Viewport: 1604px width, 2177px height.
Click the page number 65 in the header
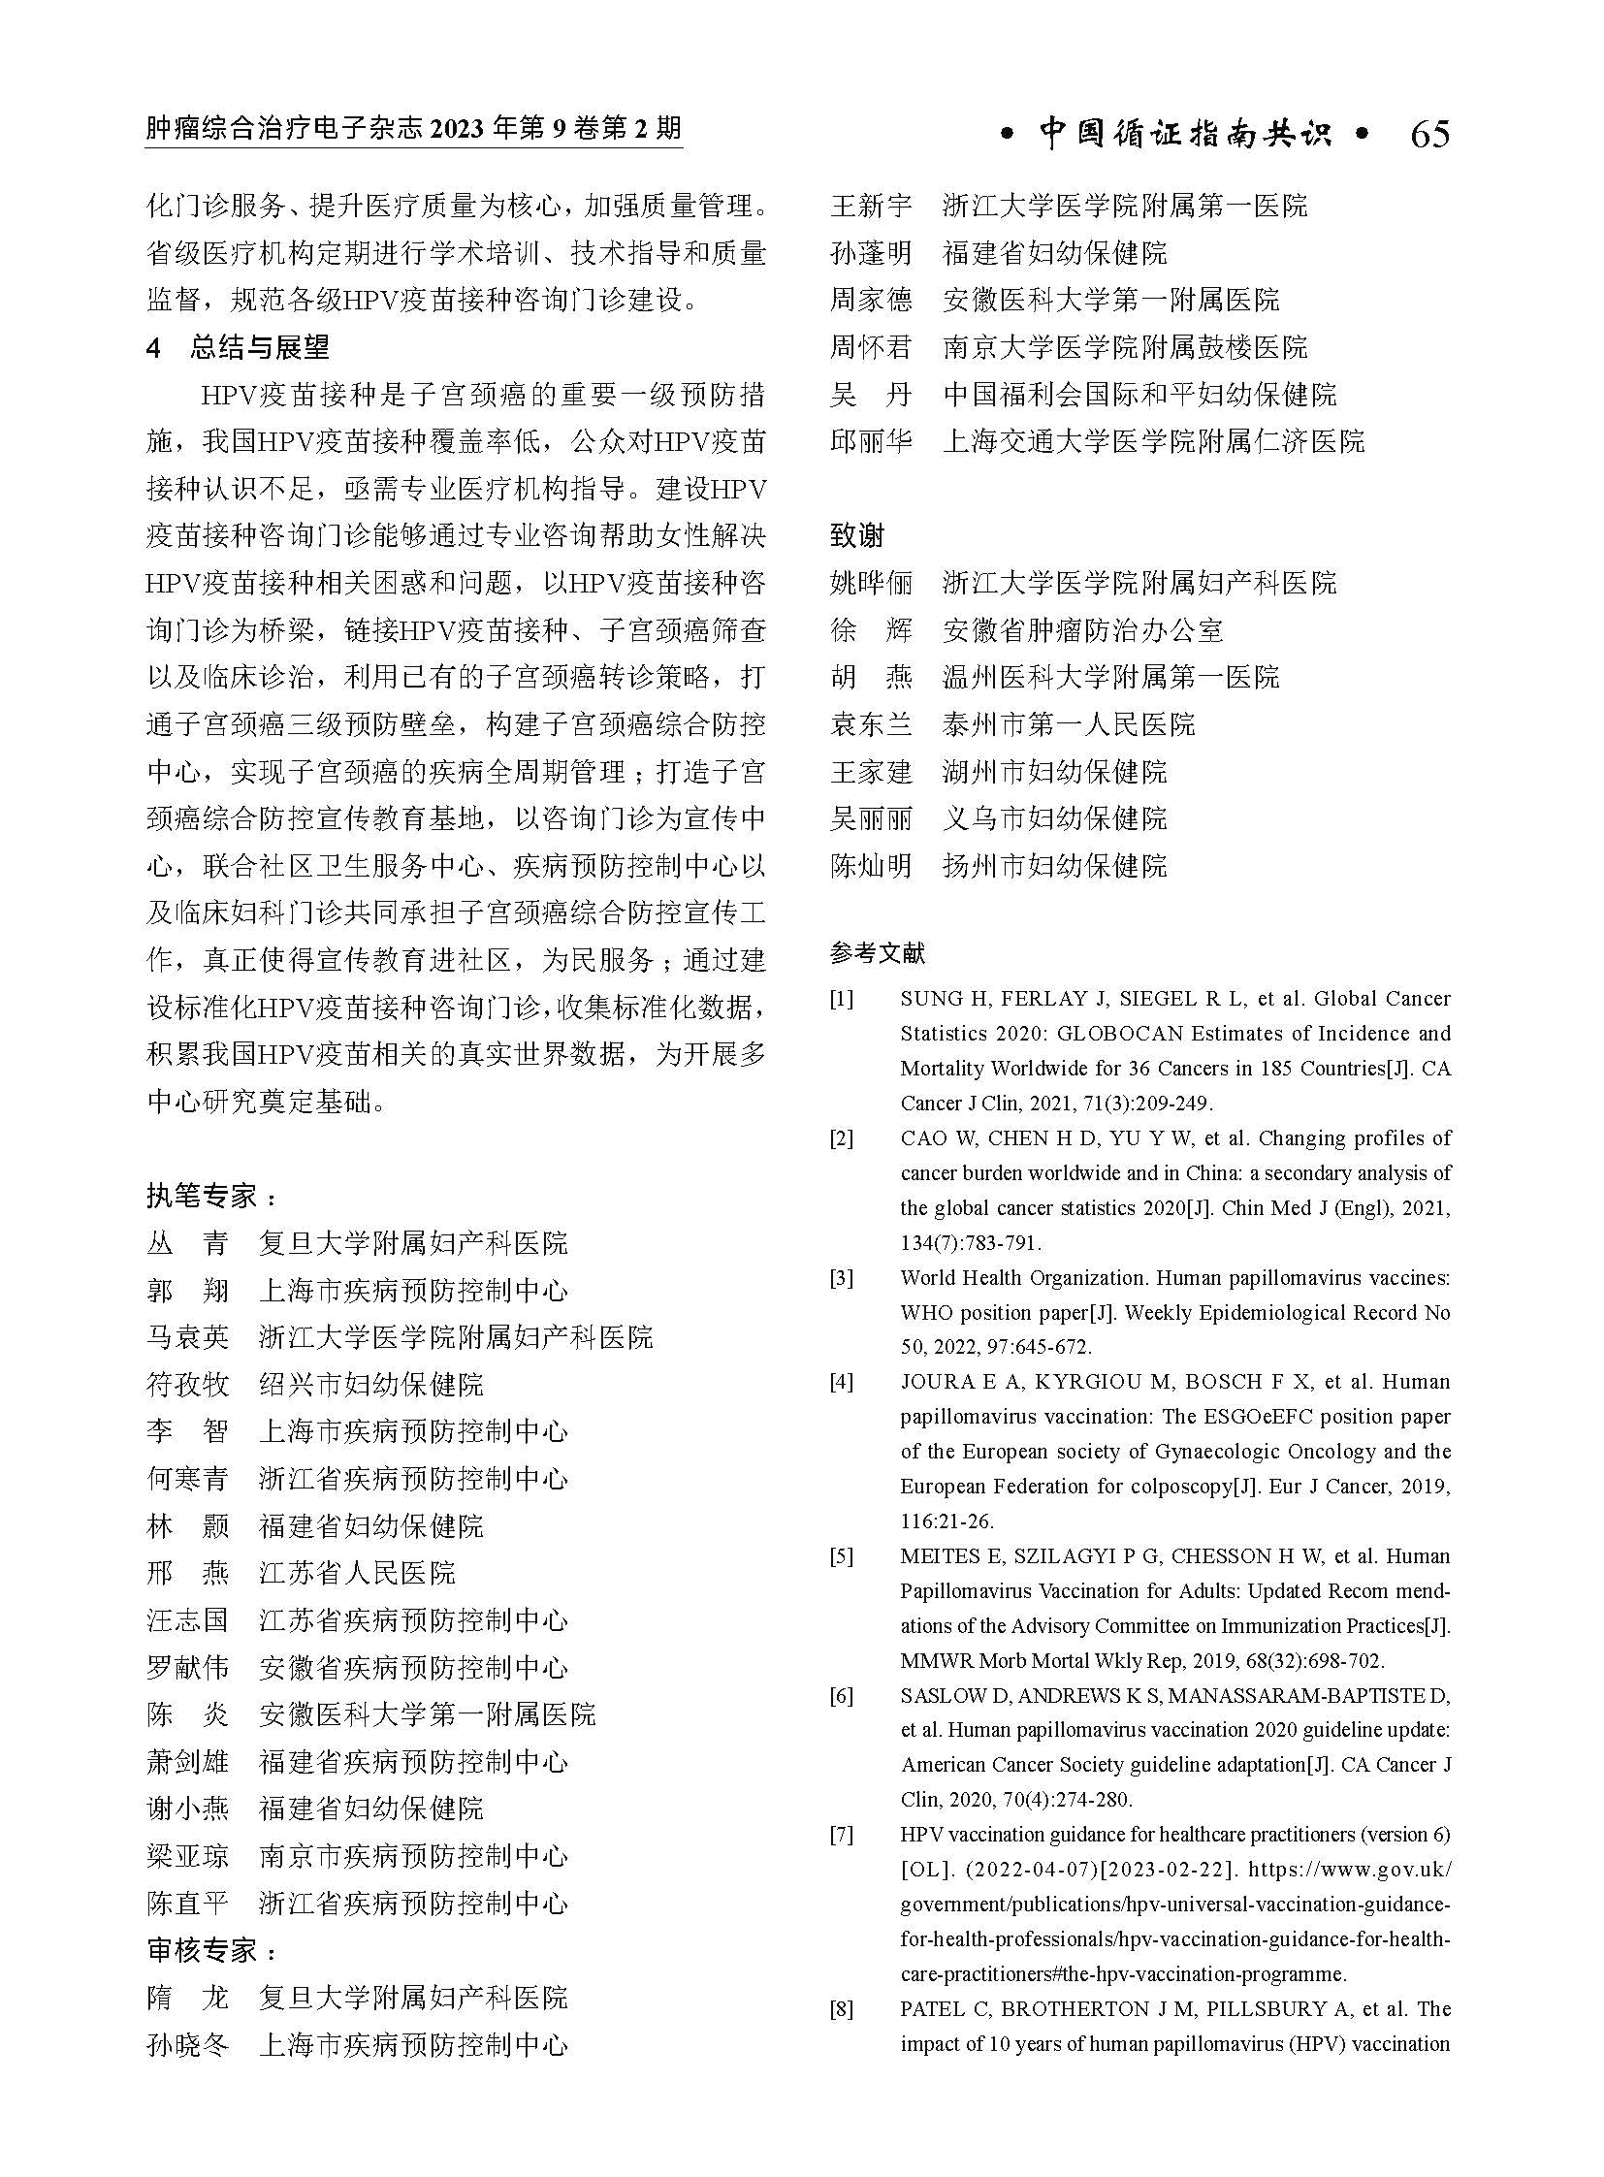1429,134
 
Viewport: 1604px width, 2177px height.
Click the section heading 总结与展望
260,346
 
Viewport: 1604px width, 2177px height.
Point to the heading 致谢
857,535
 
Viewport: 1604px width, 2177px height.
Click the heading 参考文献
878,953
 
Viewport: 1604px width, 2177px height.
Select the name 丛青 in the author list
187,1243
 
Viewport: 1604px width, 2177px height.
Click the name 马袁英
187,1337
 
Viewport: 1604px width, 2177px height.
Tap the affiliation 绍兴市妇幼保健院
370,1384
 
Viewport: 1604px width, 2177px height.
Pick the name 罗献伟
187,1667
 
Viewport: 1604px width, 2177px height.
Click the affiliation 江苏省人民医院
356,1573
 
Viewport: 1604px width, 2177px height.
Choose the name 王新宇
871,206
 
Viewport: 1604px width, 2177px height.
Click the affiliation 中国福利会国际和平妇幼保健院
1139,395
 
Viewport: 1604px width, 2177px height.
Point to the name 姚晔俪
871,583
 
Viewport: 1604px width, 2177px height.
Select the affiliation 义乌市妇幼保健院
1054,818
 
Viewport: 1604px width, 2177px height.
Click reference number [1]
841,999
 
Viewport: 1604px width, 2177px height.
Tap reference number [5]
841,1556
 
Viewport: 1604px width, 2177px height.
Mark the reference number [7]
841,1836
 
